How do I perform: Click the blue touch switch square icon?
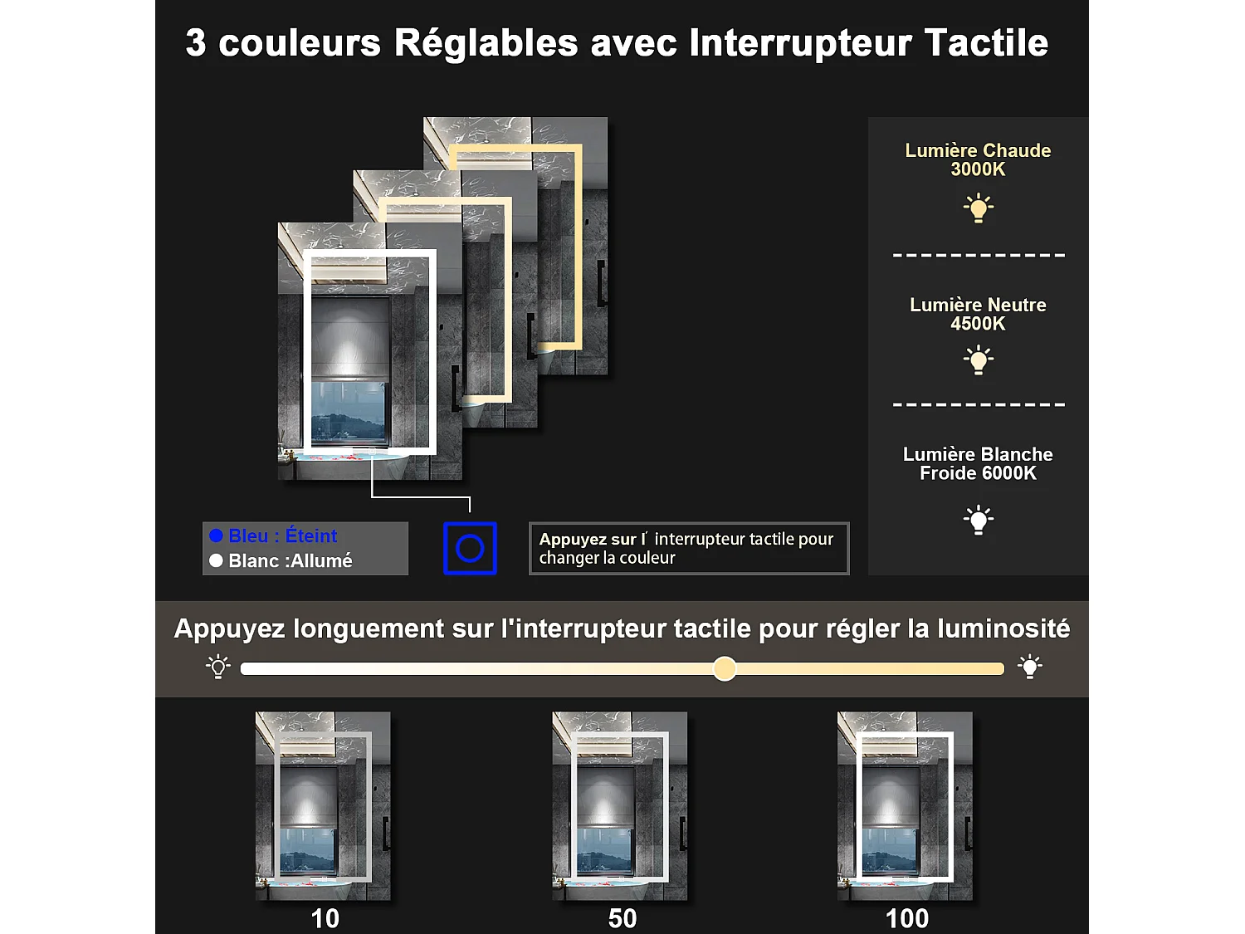tap(470, 548)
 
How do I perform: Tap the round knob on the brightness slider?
tap(725, 668)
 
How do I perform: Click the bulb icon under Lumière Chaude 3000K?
tap(979, 208)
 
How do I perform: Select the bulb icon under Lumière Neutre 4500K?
tap(979, 360)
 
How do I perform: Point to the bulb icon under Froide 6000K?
tap(979, 520)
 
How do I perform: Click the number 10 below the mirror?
tap(325, 918)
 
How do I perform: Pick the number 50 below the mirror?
tap(622, 918)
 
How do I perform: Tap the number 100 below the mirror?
tap(907, 918)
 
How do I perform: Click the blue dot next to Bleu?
tap(217, 535)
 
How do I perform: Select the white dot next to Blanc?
tap(217, 560)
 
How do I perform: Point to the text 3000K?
tap(978, 169)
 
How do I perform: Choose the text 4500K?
tap(978, 324)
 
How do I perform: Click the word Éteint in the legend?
tap(311, 535)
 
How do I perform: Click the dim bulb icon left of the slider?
tap(218, 667)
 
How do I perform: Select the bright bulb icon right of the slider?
tap(1030, 667)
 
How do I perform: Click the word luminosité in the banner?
tap(1003, 628)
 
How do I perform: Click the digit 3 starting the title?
tap(196, 43)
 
